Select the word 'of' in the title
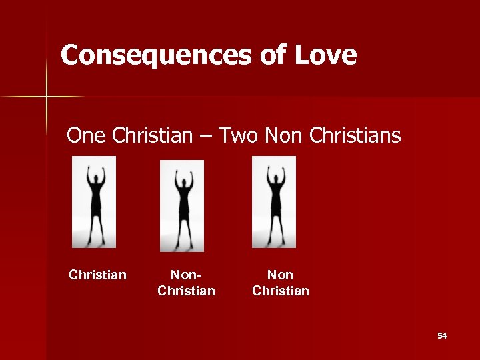(272, 55)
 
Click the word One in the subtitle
(87, 136)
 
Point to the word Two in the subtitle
(239, 136)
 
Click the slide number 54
(442, 335)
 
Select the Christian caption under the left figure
(97, 275)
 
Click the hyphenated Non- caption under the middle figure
(186, 275)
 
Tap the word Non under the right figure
(280, 275)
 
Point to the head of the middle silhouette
(182, 178)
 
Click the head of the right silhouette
(274, 174)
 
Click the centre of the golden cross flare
(47, 97)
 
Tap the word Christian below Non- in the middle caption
(186, 291)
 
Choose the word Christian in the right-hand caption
(280, 291)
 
